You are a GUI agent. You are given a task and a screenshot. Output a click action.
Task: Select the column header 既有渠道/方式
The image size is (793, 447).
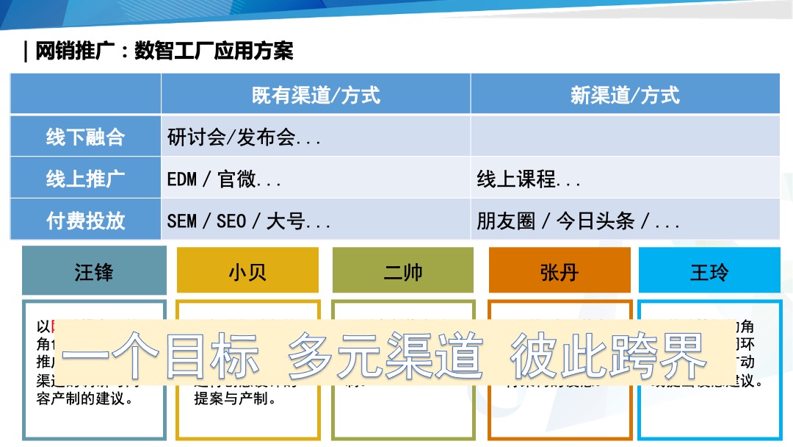coord(316,95)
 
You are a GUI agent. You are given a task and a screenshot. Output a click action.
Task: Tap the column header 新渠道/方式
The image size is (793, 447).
coord(625,95)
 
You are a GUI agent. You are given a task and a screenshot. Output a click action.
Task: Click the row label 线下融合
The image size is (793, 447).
coord(86,137)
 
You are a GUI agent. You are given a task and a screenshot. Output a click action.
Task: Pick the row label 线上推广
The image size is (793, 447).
coord(86,179)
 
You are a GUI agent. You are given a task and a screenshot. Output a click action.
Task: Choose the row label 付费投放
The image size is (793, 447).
coord(86,221)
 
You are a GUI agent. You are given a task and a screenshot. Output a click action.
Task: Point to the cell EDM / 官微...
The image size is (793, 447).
coord(224,179)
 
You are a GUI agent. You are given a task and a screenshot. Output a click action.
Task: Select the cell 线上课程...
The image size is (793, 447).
coord(529,179)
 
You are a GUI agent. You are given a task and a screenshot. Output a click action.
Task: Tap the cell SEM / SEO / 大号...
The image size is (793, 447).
coord(248,221)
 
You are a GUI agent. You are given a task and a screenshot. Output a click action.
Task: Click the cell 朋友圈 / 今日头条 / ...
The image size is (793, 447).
coord(578,221)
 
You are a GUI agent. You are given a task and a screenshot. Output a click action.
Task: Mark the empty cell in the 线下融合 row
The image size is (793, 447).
coord(625,136)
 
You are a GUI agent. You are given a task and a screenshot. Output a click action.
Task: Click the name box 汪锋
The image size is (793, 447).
coord(94,271)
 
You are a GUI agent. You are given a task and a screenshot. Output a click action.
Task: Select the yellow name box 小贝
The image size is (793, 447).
coord(247,271)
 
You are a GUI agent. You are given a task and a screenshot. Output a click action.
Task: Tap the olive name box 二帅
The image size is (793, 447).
coord(403,271)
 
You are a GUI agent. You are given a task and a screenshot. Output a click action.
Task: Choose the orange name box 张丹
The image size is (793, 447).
coord(560,271)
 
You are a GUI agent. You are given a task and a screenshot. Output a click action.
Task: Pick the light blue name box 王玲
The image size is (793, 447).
coord(709,271)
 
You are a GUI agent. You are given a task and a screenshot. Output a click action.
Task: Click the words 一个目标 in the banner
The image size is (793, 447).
coord(160,355)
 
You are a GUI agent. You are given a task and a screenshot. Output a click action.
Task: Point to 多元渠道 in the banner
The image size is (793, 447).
coord(385,355)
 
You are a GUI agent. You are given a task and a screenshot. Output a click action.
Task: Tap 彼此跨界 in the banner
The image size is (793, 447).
coord(607,355)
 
